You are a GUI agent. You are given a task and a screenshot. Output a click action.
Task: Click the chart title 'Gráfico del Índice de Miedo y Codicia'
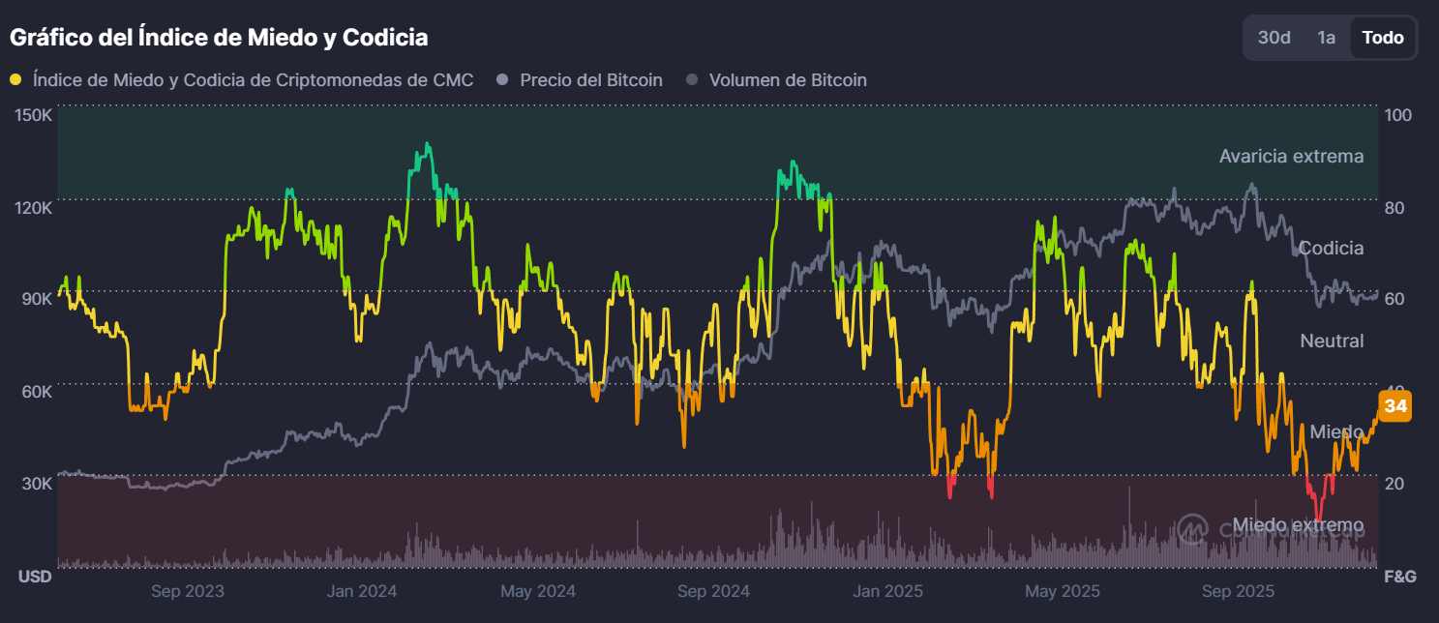(219, 38)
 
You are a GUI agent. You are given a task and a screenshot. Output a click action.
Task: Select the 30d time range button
(1274, 38)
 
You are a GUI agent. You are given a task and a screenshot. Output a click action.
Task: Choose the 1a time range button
(1326, 38)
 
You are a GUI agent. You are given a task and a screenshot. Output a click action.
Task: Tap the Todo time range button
(1382, 38)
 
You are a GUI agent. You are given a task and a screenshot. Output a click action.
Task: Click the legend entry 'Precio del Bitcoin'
(590, 80)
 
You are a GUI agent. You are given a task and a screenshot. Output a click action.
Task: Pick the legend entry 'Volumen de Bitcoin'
(787, 80)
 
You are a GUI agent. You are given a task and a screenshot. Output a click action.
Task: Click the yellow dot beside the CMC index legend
(15, 80)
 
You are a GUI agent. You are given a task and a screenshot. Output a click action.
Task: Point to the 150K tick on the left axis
(35, 115)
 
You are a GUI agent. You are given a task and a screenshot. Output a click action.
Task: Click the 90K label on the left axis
(38, 299)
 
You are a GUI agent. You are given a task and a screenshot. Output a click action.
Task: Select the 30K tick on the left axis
(38, 483)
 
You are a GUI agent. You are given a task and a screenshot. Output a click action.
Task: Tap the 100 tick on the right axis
(1398, 115)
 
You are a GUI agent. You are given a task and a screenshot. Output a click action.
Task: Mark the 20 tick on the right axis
(1394, 483)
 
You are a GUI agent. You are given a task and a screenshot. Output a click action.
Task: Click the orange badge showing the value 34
(1394, 406)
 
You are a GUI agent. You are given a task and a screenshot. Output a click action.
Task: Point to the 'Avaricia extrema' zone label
(1291, 157)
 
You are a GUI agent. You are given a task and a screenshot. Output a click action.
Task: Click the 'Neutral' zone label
(1332, 341)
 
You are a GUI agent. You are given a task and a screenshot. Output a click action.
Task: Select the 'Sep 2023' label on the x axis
(188, 591)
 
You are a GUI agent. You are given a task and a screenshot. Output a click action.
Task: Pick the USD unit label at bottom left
(36, 577)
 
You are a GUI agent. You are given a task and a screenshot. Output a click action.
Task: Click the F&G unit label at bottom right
(1399, 577)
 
